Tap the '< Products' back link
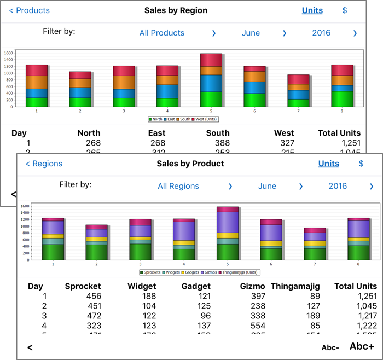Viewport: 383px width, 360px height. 30,10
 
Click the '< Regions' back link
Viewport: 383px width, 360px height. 44,164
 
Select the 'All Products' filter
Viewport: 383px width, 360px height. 161,33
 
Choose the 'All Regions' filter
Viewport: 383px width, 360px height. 178,186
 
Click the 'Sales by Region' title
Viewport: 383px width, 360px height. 176,10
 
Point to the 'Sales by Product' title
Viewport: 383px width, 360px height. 190,164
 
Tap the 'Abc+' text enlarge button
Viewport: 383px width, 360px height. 362,346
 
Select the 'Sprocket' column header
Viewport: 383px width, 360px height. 83,286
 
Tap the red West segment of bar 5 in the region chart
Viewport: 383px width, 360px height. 211,60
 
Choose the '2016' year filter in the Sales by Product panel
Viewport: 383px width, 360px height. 338,186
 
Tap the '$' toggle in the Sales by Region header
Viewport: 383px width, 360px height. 345,10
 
